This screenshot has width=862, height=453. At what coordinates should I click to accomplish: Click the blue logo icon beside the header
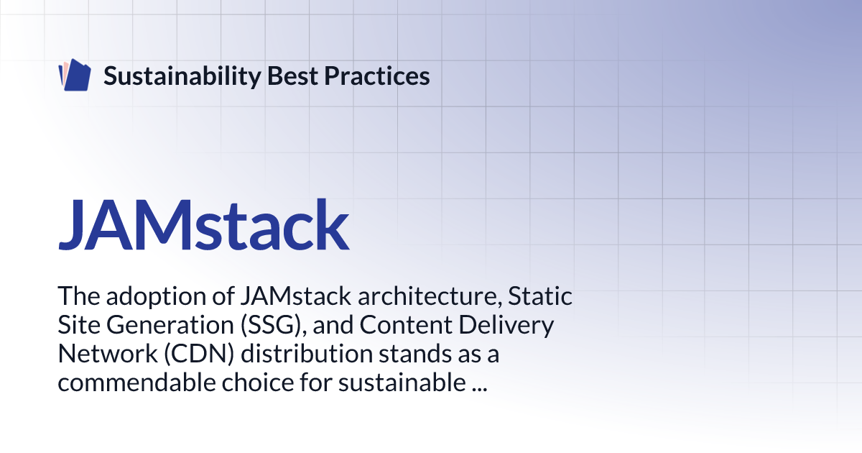point(74,75)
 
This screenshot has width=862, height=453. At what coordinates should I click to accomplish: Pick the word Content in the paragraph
point(404,325)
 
